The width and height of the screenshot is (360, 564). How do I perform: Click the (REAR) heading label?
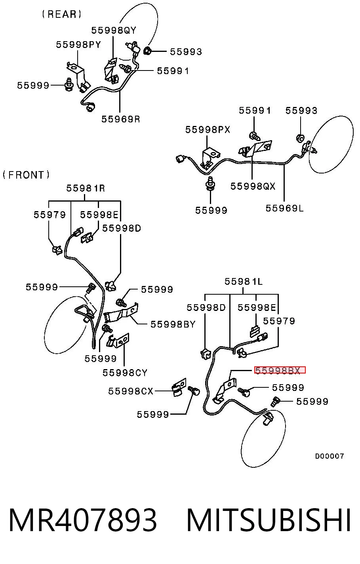[x=61, y=14]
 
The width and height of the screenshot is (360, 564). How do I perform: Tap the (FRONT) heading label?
[x=26, y=175]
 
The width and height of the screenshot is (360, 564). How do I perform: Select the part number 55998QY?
[x=114, y=30]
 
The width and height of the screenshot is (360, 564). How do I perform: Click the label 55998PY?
[x=78, y=45]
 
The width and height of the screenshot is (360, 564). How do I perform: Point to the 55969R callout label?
[x=120, y=119]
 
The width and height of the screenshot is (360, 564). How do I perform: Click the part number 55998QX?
[x=253, y=186]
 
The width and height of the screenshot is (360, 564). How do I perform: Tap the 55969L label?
[x=284, y=208]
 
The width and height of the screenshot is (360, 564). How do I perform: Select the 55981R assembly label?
[x=86, y=188]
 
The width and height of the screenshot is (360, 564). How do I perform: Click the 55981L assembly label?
[x=244, y=281]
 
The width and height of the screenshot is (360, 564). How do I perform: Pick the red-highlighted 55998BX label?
[x=280, y=370]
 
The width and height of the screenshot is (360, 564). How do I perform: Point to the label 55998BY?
[x=173, y=324]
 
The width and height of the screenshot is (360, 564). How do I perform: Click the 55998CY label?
[x=125, y=373]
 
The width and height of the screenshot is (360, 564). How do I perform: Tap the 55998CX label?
[x=131, y=391]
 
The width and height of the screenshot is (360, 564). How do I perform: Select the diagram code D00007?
[x=330, y=456]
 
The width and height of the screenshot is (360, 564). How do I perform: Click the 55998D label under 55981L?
[x=206, y=307]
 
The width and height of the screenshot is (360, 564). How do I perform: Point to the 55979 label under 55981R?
[x=50, y=215]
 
